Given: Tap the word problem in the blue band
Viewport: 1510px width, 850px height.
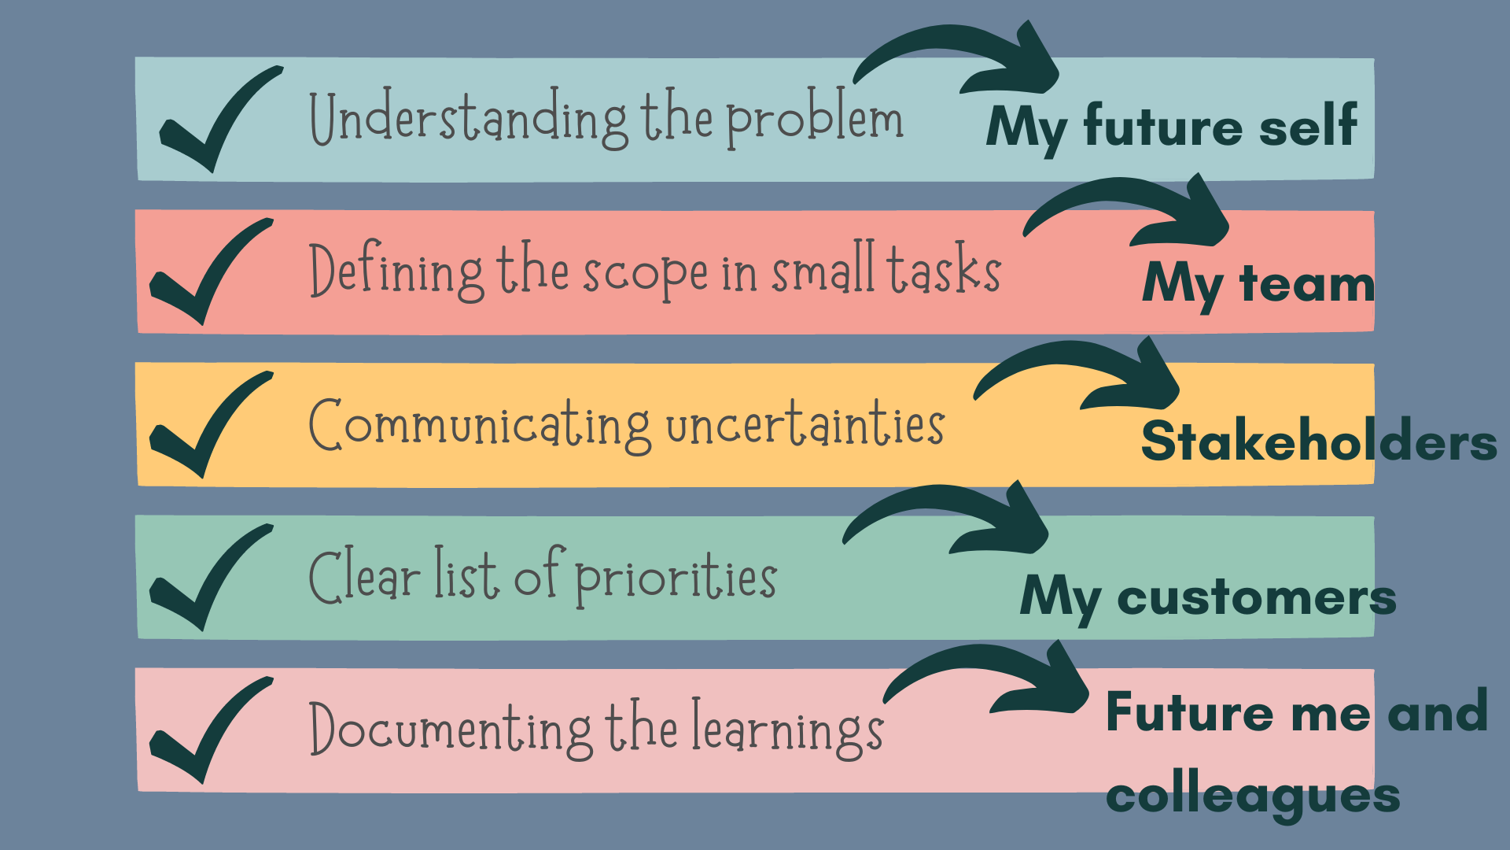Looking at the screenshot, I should click(814, 120).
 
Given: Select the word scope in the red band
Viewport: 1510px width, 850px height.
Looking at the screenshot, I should click(645, 273).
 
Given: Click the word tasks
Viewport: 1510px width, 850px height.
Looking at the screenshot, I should click(944, 269).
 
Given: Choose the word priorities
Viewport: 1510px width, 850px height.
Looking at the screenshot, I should click(676, 578).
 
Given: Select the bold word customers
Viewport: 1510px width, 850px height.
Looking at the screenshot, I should click(1256, 597).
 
